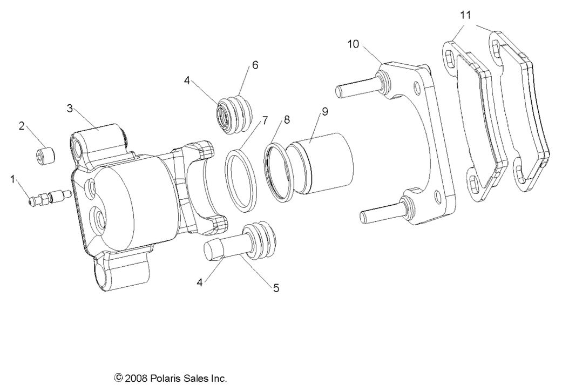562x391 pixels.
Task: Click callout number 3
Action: click(x=70, y=108)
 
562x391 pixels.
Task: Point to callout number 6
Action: click(x=255, y=65)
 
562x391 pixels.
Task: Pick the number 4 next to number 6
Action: click(x=187, y=81)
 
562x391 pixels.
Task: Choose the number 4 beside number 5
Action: click(x=200, y=282)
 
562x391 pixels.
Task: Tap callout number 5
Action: click(x=275, y=288)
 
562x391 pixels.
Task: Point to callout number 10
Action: click(x=353, y=44)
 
